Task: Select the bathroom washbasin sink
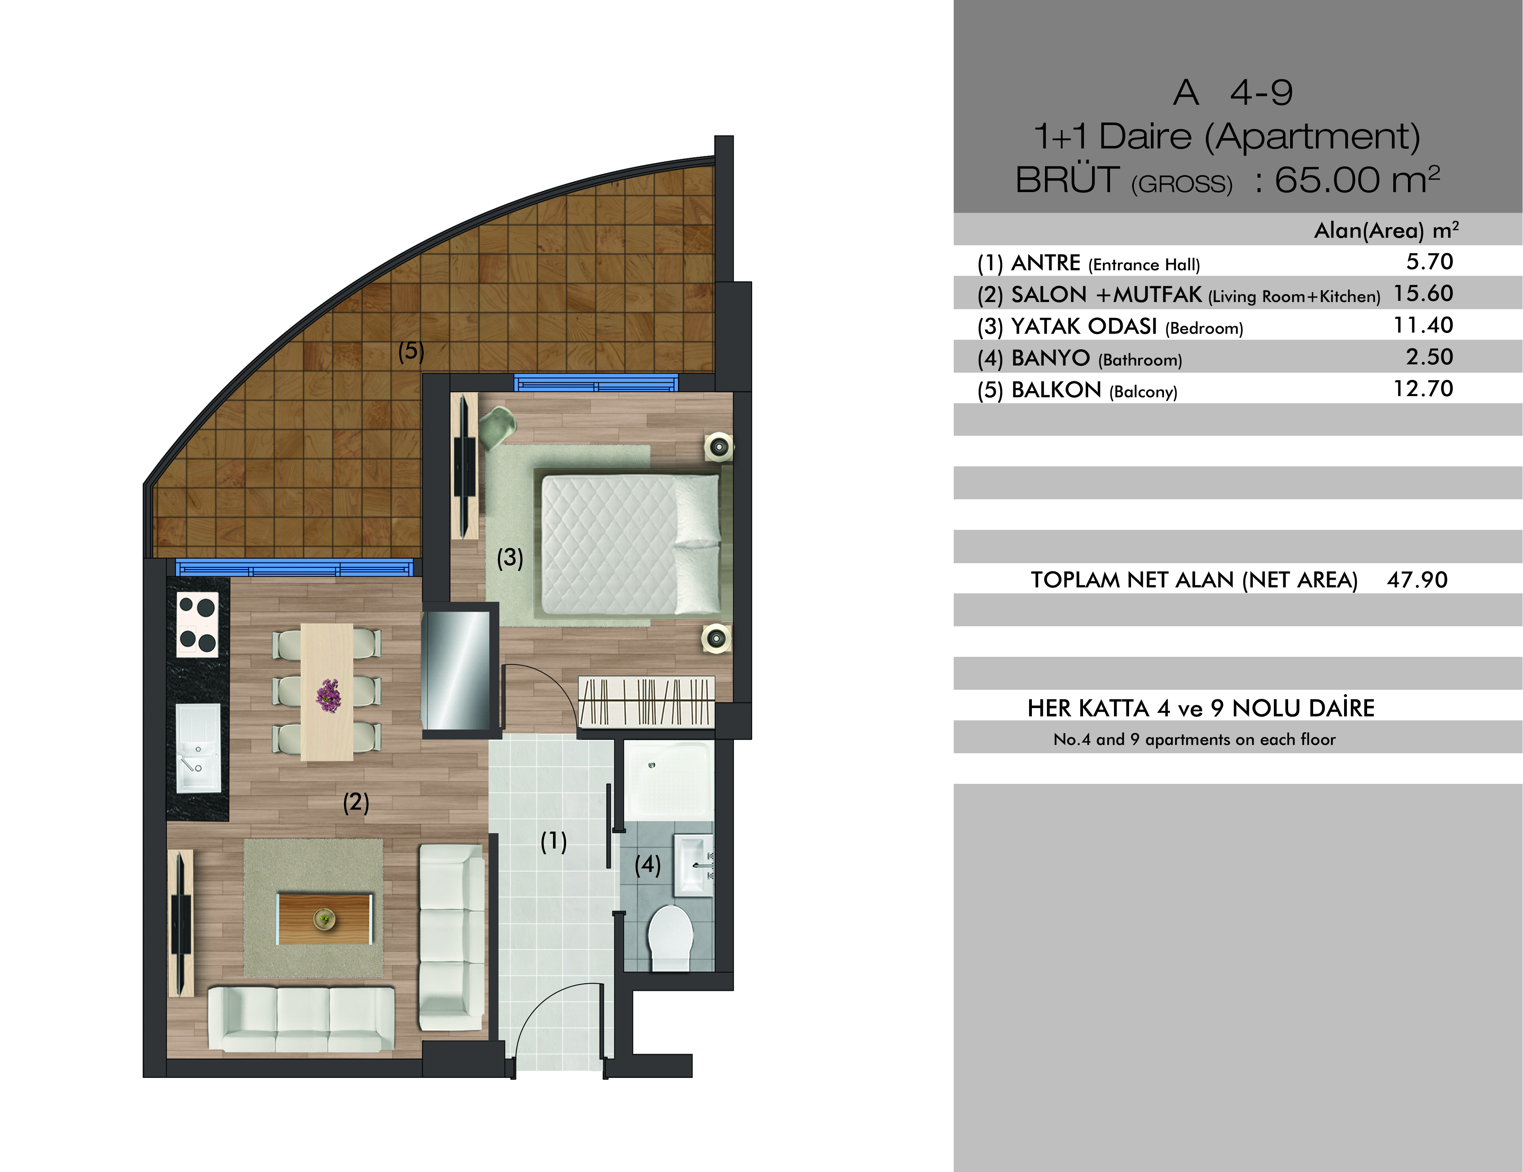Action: click(692, 865)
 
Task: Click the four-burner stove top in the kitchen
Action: click(197, 624)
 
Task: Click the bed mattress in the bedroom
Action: click(630, 544)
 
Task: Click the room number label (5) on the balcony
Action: click(411, 350)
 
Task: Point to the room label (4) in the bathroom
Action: click(647, 865)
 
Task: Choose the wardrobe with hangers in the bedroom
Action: click(646, 702)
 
